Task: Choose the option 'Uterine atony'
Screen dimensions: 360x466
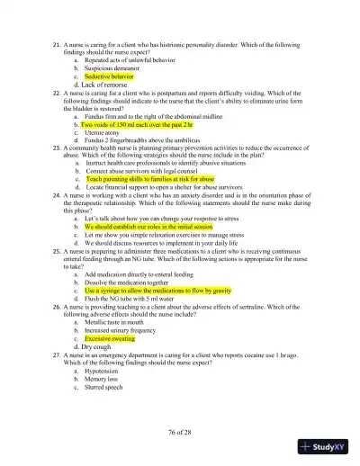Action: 103,133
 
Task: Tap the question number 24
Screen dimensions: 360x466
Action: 58,194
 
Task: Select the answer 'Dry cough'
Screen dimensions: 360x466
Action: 95,347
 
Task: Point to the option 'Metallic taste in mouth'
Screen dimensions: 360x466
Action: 116,323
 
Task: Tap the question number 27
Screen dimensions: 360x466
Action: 58,356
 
